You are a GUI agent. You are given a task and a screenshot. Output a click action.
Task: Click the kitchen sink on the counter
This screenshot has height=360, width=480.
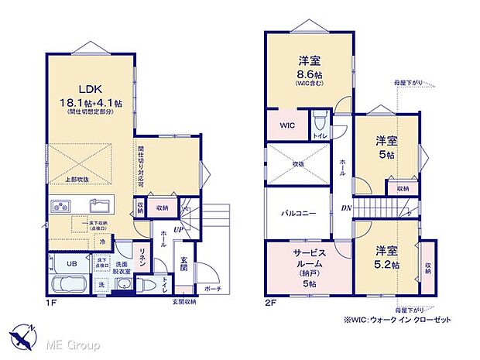tap(99, 206)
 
